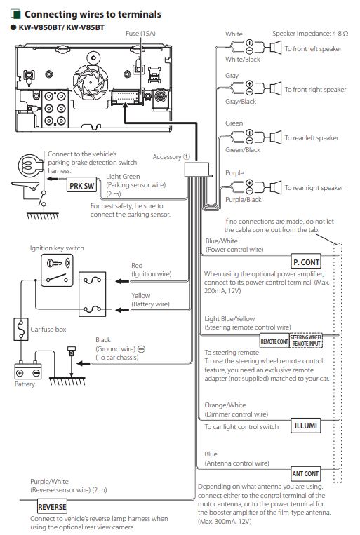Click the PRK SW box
(x=81, y=186)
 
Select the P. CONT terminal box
(x=306, y=262)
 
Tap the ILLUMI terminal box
(x=306, y=426)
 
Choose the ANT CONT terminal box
(x=306, y=473)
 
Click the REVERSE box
(x=52, y=507)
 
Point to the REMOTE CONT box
(x=274, y=341)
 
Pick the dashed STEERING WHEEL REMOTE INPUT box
(x=307, y=341)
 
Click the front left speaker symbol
(x=275, y=48)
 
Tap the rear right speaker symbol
(x=275, y=187)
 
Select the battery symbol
(x=27, y=370)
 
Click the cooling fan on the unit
(x=91, y=82)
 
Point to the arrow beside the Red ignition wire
(x=122, y=281)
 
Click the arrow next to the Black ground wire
(x=83, y=363)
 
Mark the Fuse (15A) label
(x=140, y=34)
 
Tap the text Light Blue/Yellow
(x=229, y=318)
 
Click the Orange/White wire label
(x=225, y=405)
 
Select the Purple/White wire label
(x=49, y=482)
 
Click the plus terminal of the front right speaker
(x=249, y=83)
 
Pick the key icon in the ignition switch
(x=54, y=263)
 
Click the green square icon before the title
(x=15, y=14)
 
